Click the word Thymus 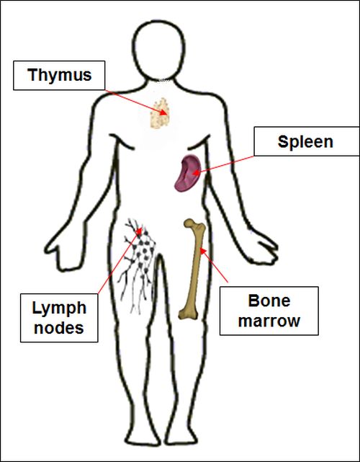point(60,75)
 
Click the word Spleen point(305,142)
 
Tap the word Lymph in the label point(59,308)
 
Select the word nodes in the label point(59,328)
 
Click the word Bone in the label point(269,301)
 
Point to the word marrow point(269,321)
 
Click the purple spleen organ point(187,173)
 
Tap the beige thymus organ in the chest point(160,113)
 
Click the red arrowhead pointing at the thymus point(163,112)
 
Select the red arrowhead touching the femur point(202,251)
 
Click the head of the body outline point(159,50)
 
